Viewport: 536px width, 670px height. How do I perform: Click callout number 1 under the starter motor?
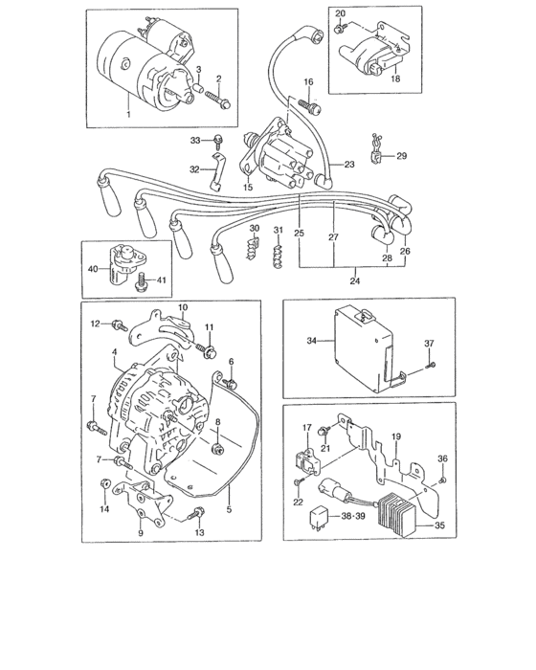[x=127, y=114]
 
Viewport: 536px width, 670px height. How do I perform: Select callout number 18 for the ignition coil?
[x=394, y=79]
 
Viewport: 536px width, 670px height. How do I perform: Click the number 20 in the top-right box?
[x=341, y=12]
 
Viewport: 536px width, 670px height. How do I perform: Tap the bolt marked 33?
[x=217, y=141]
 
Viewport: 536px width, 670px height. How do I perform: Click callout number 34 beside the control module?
[x=311, y=340]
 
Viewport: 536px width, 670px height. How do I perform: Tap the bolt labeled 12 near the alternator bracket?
[x=117, y=324]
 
